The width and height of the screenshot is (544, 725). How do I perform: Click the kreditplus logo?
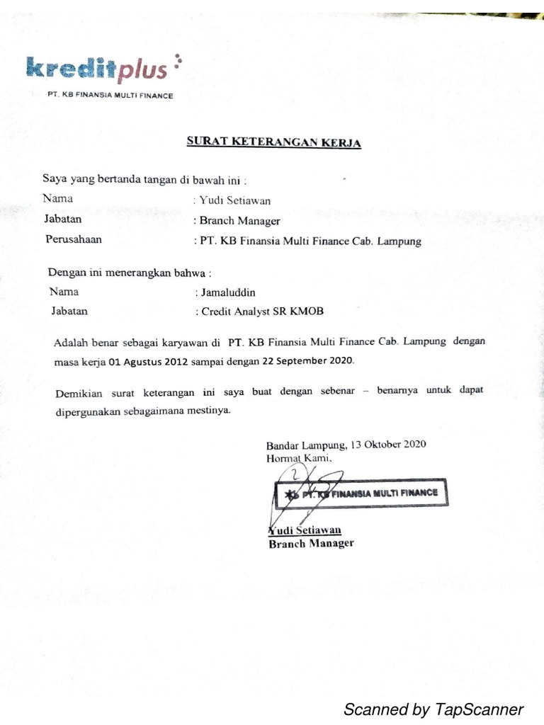pos(99,68)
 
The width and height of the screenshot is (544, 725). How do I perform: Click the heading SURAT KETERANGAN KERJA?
pos(273,142)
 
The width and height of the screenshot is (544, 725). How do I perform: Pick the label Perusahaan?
pos(74,239)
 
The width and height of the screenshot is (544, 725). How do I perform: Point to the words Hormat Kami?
pos(297,458)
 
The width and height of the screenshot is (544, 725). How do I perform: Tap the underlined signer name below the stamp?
pos(305,530)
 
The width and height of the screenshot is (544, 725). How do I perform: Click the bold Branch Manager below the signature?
pos(311,544)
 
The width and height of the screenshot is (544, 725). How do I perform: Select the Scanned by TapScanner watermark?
pos(433,709)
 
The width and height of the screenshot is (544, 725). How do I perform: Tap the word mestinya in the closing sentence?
pos(210,411)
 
